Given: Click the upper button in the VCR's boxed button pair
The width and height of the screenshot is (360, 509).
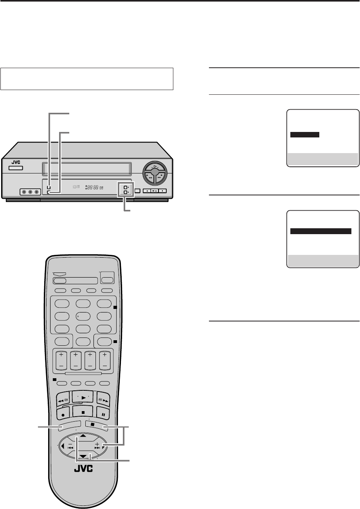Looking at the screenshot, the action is pyautogui.click(x=126, y=188).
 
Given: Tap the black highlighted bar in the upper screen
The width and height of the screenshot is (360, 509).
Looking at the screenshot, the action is pyautogui.click(x=305, y=135).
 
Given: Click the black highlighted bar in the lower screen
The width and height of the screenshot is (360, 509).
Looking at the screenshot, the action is pyautogui.click(x=320, y=231).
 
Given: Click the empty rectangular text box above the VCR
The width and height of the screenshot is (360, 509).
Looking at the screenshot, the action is pyautogui.click(x=87, y=79).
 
